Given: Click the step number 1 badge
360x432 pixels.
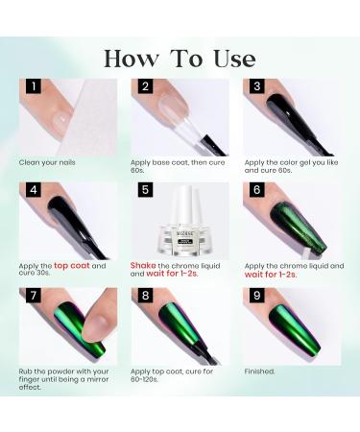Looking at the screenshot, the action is [x=34, y=86].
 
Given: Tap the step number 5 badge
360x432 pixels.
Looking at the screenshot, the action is [x=145, y=189].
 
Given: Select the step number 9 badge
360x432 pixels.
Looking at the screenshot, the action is [x=257, y=295].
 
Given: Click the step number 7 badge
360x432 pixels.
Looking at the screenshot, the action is [x=34, y=295].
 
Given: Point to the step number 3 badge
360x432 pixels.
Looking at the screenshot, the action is [x=257, y=86].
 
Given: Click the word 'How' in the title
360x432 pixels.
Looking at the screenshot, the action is [x=132, y=59].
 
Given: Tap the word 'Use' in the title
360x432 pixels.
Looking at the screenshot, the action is [x=234, y=59].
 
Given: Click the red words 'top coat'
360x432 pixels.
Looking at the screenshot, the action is [x=72, y=266].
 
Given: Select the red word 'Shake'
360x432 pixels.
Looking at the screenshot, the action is [x=143, y=266].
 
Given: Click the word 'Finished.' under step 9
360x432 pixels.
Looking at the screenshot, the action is [x=259, y=372].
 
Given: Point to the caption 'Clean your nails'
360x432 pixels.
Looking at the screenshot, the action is [x=47, y=162].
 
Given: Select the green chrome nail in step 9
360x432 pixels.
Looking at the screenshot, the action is [x=295, y=326].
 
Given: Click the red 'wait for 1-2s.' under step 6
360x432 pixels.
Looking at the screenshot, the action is [x=271, y=275].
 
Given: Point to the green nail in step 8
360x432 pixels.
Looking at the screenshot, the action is [x=180, y=324].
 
